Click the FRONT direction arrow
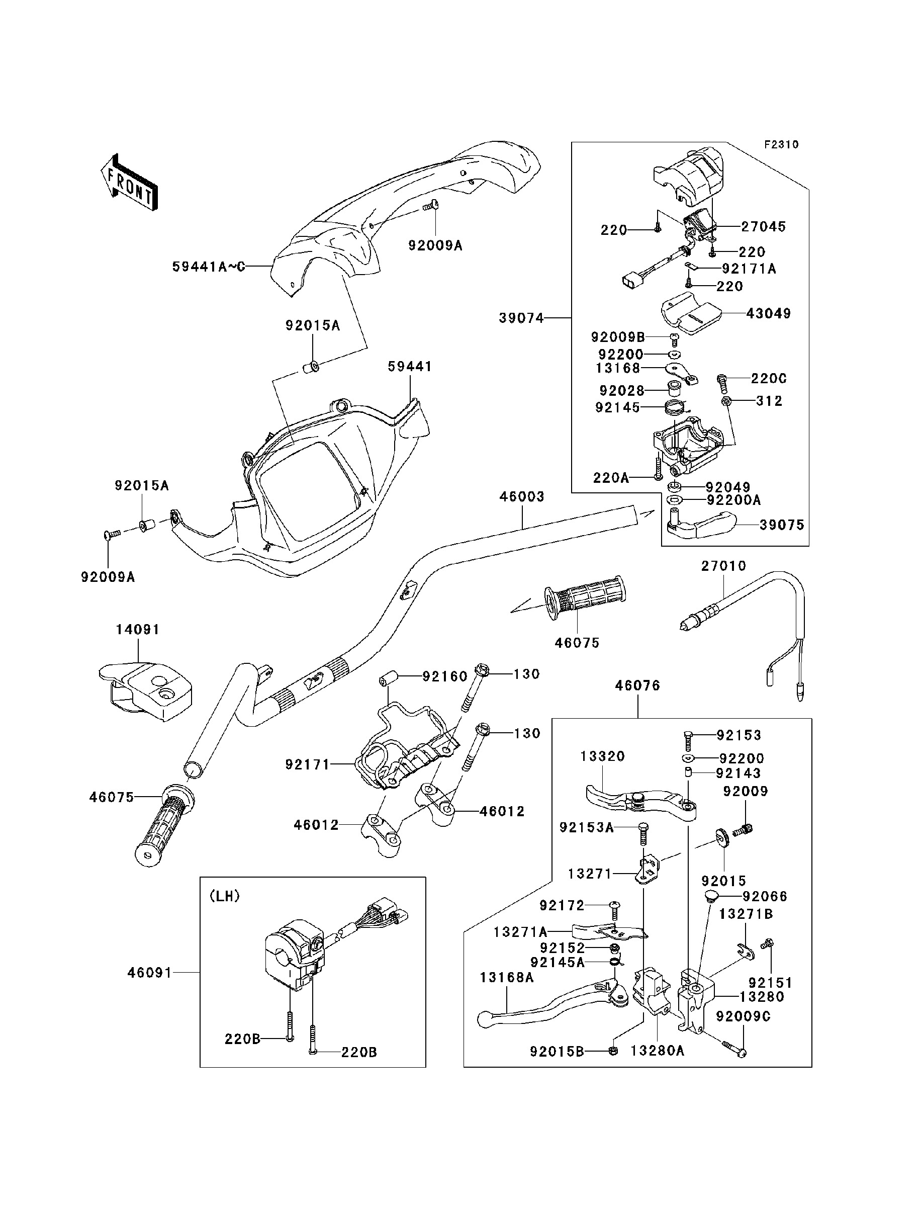(130, 183)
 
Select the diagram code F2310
(782, 144)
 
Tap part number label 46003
(522, 497)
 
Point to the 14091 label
(137, 630)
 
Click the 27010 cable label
(723, 566)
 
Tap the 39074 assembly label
(521, 318)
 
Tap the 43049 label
(768, 313)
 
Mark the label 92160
(444, 676)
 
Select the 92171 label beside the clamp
(307, 764)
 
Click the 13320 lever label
(603, 756)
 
